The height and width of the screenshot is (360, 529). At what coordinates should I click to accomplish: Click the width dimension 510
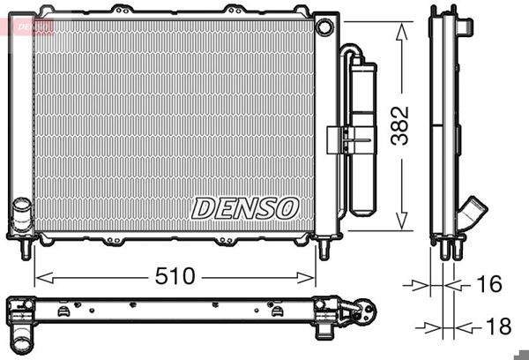[175, 276]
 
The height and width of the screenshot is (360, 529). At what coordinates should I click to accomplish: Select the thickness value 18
[496, 326]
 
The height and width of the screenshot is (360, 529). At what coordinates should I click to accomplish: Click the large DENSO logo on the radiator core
[246, 208]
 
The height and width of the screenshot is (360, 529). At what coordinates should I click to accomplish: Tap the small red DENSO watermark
[27, 26]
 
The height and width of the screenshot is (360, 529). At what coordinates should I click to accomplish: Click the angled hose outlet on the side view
[473, 213]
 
